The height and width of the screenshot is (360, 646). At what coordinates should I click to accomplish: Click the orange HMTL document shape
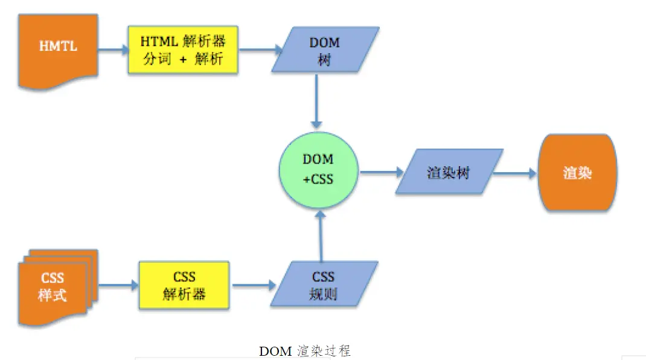(58, 47)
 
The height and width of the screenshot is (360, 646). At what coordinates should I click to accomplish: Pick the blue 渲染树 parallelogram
(449, 172)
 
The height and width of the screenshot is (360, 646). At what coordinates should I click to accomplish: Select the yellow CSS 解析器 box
(184, 285)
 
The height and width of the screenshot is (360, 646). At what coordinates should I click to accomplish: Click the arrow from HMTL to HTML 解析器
(112, 50)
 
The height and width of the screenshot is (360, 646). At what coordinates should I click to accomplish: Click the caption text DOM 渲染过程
(305, 351)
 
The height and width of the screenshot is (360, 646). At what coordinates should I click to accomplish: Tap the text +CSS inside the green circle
(318, 179)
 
